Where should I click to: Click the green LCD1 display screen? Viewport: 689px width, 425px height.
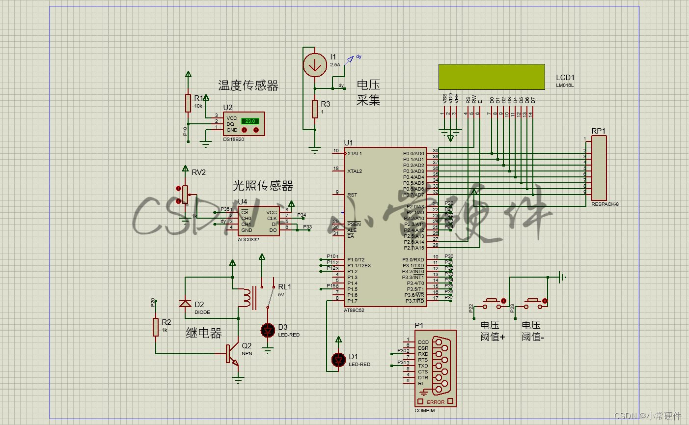tap(492, 77)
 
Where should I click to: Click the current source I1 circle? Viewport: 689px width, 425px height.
tap(314, 64)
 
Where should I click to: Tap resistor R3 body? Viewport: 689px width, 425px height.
tap(315, 109)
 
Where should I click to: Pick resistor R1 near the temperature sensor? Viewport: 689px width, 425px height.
tap(188, 103)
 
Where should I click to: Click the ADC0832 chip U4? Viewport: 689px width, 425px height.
tap(259, 221)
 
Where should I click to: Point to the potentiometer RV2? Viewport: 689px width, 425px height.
tap(185, 194)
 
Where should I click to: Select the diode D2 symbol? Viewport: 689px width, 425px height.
tap(185, 303)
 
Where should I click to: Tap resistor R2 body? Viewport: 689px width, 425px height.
tap(156, 327)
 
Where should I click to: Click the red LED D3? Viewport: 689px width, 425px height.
tap(268, 331)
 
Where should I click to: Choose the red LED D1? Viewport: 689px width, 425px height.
tap(338, 360)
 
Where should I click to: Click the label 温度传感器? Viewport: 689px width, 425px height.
tap(248, 86)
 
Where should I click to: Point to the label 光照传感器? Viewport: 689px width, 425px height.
tap(263, 186)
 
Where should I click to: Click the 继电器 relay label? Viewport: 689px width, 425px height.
tap(204, 333)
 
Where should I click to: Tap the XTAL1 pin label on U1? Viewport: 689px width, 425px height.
tap(355, 154)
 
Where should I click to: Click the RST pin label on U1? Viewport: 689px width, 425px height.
tap(352, 195)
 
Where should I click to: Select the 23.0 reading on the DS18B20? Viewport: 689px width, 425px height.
tap(250, 121)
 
